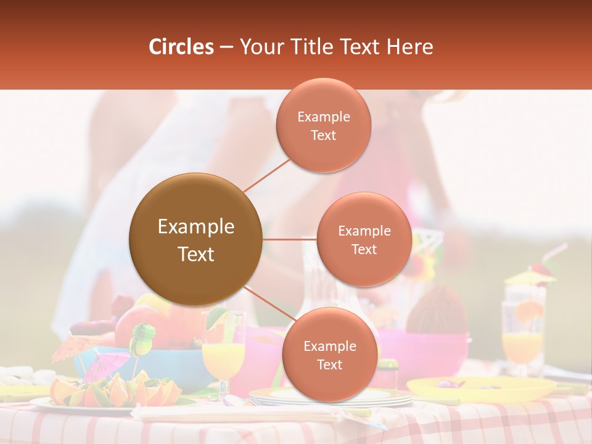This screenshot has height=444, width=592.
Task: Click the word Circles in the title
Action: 181,47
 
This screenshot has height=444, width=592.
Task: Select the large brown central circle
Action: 195,239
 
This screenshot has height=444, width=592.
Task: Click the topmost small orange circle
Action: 324,125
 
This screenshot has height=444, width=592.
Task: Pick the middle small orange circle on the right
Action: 364,239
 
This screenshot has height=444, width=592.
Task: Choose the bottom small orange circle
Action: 329,355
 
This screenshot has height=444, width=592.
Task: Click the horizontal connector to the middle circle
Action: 289,239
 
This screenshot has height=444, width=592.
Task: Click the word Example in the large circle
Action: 195,227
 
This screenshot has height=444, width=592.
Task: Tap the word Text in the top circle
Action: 324,135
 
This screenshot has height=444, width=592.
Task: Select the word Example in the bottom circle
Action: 329,346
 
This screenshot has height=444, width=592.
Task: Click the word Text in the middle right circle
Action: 364,249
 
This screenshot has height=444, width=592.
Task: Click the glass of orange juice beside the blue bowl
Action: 223,358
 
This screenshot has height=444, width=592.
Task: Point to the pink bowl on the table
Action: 425,351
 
